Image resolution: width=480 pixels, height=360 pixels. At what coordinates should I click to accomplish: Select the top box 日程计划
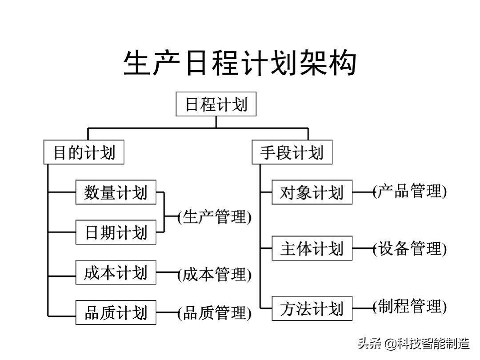(x=216, y=104)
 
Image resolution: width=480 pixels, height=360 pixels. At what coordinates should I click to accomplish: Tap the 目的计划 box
(x=84, y=152)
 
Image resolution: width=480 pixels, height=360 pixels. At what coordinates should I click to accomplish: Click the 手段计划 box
(x=292, y=152)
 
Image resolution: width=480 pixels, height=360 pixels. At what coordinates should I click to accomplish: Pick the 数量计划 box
(x=116, y=192)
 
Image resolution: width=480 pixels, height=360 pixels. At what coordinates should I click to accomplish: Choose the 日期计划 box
(x=116, y=232)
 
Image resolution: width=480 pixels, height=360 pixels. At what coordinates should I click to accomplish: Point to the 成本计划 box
(x=116, y=272)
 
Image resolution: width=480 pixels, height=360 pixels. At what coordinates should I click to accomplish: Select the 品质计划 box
(x=116, y=312)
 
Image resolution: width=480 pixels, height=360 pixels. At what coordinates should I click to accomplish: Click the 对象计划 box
(x=312, y=192)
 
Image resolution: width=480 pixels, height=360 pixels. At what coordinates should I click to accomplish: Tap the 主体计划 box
(x=312, y=248)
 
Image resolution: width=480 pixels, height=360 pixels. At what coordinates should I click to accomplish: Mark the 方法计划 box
(x=312, y=308)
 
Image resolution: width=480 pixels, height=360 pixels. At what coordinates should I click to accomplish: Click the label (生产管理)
(x=215, y=217)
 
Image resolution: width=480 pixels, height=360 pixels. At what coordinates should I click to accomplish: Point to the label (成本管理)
(x=215, y=275)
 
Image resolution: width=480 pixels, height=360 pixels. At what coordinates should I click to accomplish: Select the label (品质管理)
(x=215, y=313)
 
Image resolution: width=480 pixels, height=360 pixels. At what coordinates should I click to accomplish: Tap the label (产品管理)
(x=410, y=191)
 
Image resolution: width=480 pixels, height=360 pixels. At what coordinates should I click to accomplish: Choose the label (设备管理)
(x=410, y=248)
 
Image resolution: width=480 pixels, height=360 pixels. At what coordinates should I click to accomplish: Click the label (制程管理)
(x=410, y=307)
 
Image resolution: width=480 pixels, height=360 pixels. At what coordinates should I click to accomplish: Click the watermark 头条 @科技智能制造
(x=413, y=344)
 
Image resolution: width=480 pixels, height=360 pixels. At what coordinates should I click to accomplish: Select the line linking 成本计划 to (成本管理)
(x=167, y=272)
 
